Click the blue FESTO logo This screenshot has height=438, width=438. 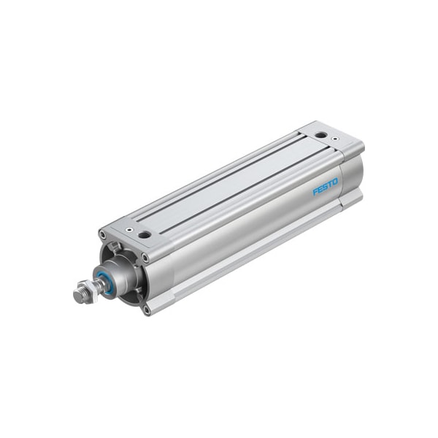tap(325, 187)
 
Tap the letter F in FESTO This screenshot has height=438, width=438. tap(315, 192)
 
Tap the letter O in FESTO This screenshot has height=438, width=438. tap(335, 182)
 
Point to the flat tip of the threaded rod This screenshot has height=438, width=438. tap(77, 294)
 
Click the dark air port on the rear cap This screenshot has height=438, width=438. tap(320, 135)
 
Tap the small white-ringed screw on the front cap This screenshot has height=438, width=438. tap(129, 230)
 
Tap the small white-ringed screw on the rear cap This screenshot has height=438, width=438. tap(334, 138)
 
